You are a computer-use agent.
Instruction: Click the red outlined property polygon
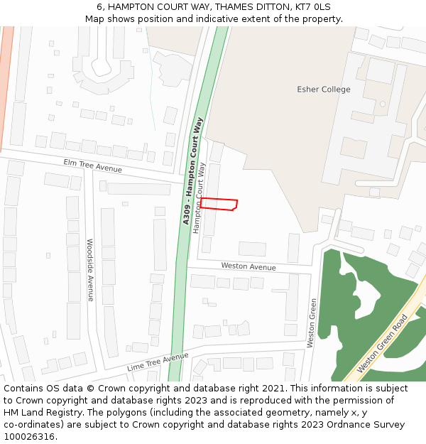219,204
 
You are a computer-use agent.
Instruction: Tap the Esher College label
323,90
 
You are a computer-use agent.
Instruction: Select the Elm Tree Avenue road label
92,166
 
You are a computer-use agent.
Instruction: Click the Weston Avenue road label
248,266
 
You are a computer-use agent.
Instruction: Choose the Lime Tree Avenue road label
158,362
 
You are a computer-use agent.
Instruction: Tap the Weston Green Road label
383,343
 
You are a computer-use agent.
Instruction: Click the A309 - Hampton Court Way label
192,171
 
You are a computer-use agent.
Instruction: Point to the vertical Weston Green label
311,323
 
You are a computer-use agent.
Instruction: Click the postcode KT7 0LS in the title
314,6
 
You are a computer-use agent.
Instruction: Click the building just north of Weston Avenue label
252,249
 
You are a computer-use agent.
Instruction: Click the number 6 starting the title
100,6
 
